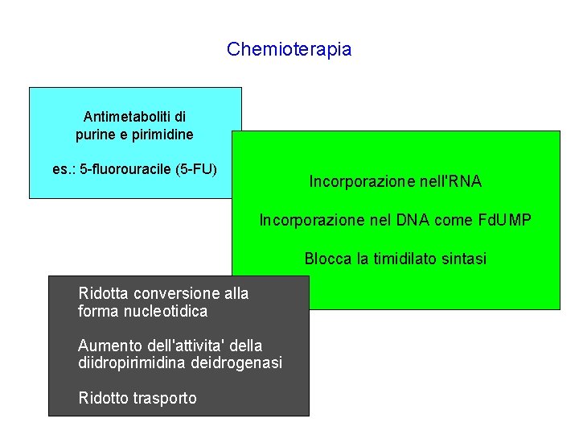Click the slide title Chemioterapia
click(x=289, y=49)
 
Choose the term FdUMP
click(x=504, y=220)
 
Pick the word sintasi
click(x=464, y=259)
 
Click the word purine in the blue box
click(x=96, y=135)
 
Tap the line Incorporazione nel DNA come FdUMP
click(x=395, y=220)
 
